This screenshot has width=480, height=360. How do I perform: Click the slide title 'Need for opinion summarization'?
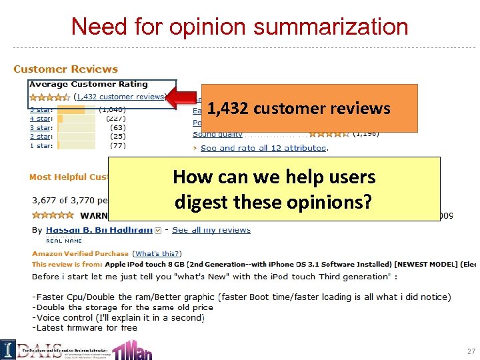pos(239,26)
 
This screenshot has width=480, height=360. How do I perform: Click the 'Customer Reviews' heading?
pos(65,69)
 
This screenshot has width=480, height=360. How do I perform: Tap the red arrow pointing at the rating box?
pos(183,97)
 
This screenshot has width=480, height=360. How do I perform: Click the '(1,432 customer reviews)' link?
pos(120,97)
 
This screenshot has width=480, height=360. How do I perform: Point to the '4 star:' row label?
pos(41,118)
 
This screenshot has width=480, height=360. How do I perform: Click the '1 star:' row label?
pos(41,145)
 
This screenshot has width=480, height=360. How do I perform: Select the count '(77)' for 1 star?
pos(117,145)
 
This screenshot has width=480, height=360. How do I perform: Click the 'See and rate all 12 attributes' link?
pos(263,148)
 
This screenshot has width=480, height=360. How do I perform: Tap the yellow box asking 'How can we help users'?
pos(273,188)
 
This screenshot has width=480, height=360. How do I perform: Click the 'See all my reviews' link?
pos(211,230)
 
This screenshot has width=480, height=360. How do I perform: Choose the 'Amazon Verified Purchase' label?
pos(80,253)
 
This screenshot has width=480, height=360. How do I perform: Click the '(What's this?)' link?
pos(157,253)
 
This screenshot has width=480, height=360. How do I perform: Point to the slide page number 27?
pos(471,351)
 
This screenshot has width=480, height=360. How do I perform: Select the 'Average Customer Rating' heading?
pos(89,85)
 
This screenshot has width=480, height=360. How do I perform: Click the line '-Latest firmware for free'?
pos(85,327)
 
